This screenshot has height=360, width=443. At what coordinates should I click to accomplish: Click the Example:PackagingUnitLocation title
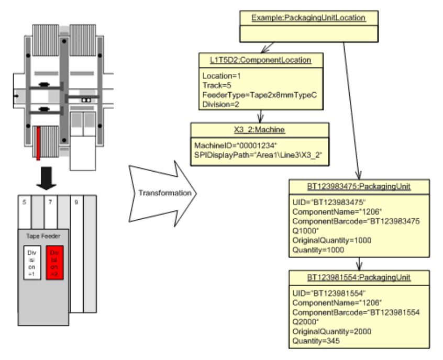(x=308, y=18)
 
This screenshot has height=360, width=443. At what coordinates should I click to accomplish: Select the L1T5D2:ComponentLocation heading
(x=256, y=60)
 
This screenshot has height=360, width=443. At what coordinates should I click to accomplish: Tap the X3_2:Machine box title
(x=259, y=130)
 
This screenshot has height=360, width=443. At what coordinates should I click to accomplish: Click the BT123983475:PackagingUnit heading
(x=359, y=187)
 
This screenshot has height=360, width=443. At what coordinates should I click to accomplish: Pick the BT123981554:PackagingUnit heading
(x=359, y=277)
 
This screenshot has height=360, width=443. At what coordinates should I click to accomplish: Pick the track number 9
(x=76, y=201)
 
